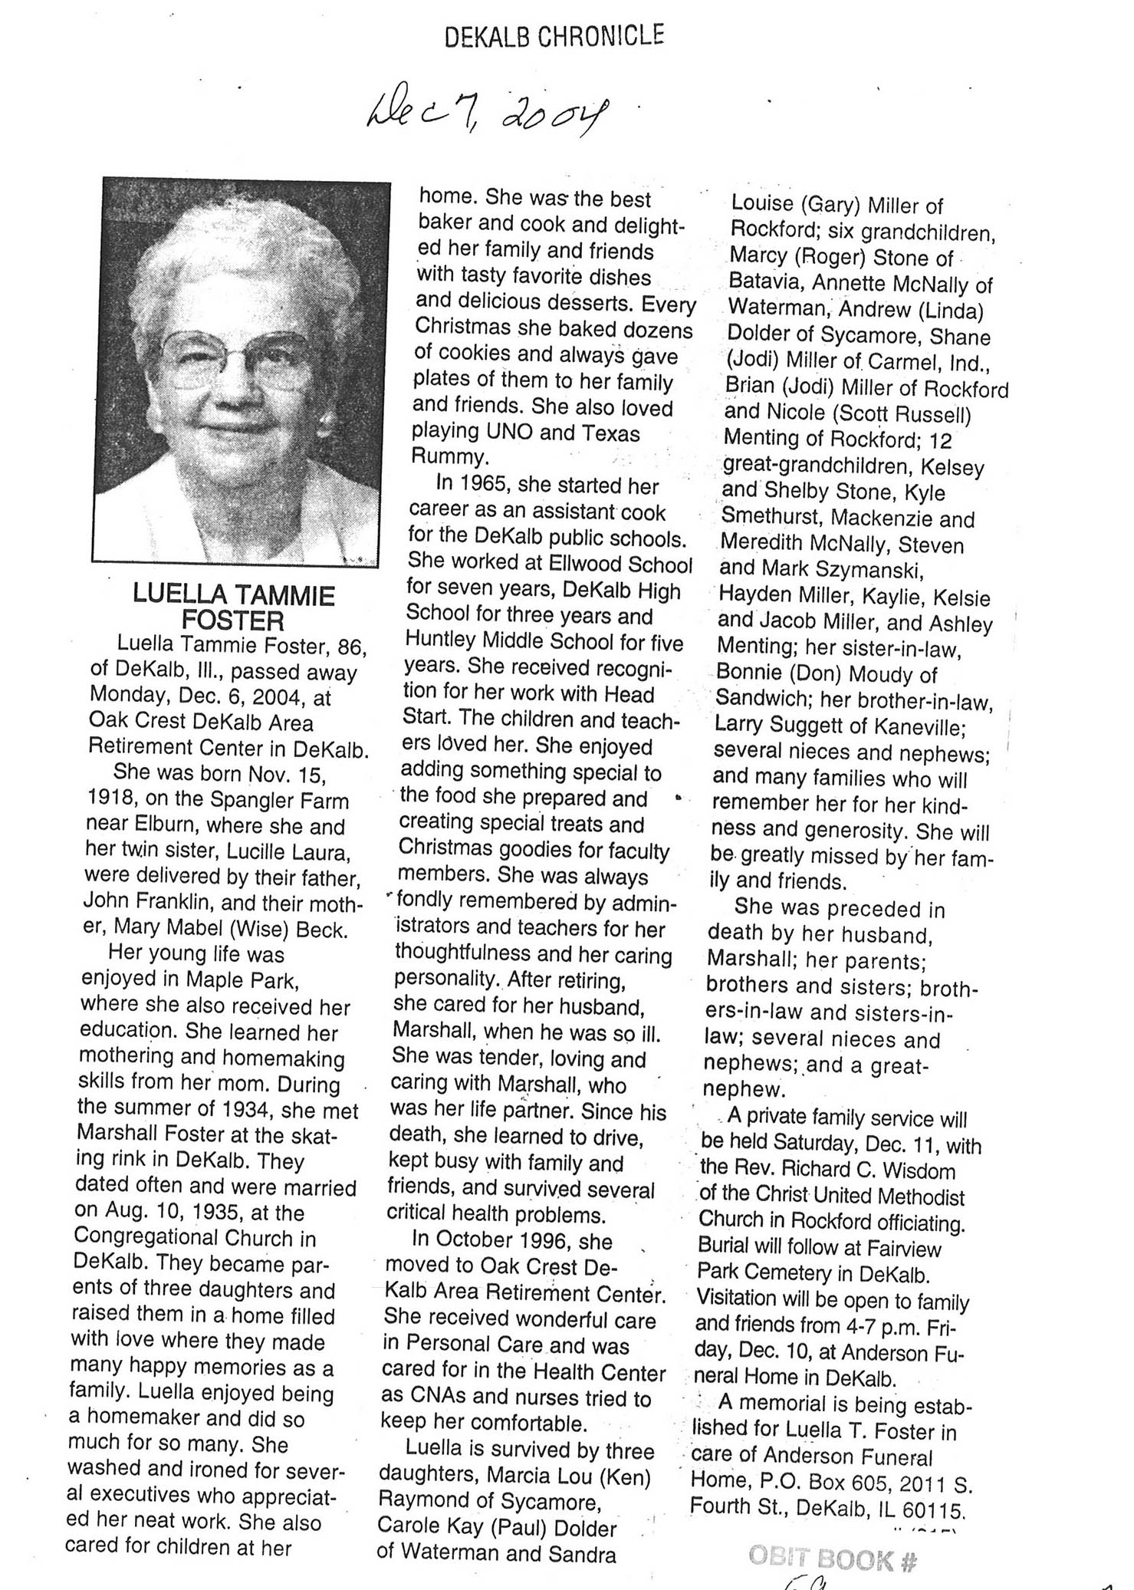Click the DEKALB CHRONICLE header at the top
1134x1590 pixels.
[x=554, y=36]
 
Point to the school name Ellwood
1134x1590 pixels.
[x=587, y=564]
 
